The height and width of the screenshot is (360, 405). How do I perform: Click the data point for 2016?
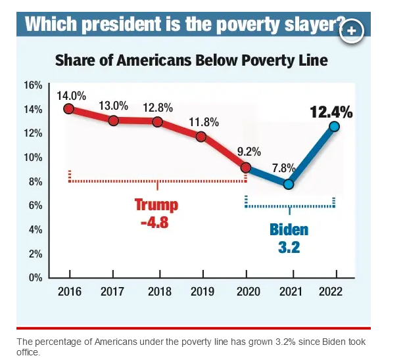click(68, 108)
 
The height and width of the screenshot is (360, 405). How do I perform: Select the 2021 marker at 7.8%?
click(288, 184)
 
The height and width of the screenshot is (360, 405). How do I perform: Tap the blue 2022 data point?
click(334, 126)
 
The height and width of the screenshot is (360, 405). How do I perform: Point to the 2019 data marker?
click(201, 137)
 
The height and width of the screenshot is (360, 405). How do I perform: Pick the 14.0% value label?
click(71, 95)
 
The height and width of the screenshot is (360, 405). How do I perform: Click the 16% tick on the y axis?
click(33, 85)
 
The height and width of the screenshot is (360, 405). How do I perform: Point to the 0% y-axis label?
click(36, 277)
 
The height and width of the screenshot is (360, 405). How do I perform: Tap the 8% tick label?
click(36, 181)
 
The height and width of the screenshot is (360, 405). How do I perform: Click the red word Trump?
click(156, 205)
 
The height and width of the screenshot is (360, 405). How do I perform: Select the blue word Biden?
click(289, 231)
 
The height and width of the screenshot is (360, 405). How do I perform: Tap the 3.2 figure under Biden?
click(289, 248)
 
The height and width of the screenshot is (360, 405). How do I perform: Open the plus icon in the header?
click(352, 30)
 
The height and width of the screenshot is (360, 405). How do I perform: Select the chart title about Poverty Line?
click(191, 60)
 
